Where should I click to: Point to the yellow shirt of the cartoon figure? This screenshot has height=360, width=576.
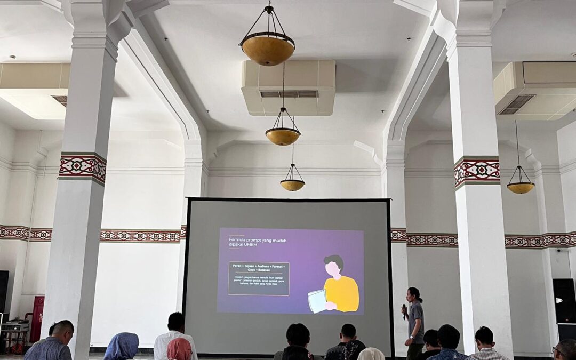click(x=342, y=294)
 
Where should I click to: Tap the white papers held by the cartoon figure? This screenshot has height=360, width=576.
click(x=317, y=301)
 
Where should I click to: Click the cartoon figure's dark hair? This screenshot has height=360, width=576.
click(x=334, y=262)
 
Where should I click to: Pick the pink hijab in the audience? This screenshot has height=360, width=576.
click(x=179, y=349)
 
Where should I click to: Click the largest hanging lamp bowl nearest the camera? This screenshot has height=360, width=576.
click(x=267, y=50)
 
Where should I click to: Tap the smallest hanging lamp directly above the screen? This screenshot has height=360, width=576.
click(x=292, y=185)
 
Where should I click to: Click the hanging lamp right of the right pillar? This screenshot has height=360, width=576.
click(x=520, y=187)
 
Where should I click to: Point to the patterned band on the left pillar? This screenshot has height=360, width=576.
click(x=83, y=167)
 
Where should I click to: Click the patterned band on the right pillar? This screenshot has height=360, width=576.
click(x=477, y=172)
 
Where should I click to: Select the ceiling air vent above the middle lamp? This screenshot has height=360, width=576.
click(x=289, y=94)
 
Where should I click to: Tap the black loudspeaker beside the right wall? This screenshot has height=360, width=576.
click(x=564, y=301)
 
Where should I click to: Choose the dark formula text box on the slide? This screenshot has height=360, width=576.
click(x=259, y=278)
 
